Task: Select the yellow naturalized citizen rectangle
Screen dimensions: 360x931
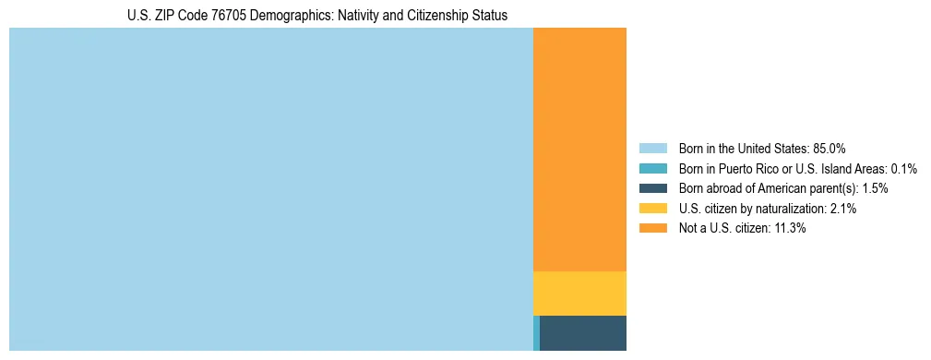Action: click(579, 294)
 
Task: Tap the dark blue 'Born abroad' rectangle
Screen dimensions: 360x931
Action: click(583, 333)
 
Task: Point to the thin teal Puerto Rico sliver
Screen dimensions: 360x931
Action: click(536, 333)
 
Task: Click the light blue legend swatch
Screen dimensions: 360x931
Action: click(652, 148)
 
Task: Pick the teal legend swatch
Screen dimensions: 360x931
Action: click(652, 168)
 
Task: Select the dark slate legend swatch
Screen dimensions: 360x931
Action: click(652, 188)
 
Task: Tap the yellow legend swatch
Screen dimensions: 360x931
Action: click(652, 209)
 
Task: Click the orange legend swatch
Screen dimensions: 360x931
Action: click(652, 228)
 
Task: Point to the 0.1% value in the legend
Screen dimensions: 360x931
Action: click(904, 168)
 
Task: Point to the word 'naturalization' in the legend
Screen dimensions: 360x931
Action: click(793, 209)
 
